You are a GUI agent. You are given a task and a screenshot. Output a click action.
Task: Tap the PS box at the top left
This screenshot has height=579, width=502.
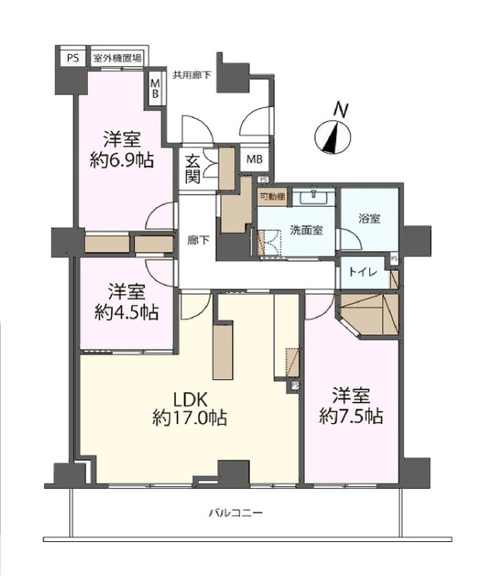[72, 58]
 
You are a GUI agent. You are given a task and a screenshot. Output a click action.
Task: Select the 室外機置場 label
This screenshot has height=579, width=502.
[118, 58]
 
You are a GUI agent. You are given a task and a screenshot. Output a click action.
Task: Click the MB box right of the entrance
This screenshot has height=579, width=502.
[254, 160]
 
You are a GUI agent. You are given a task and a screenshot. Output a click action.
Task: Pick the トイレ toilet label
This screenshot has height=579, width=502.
[362, 272]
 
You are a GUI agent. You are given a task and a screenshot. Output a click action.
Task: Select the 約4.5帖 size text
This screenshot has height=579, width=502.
[127, 312]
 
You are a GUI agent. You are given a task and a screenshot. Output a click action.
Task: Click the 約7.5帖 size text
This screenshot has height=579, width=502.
[351, 417]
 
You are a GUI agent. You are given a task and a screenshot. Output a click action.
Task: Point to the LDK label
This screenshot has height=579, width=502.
[189, 400]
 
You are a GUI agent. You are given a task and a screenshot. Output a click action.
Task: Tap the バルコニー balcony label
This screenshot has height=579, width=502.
[236, 513]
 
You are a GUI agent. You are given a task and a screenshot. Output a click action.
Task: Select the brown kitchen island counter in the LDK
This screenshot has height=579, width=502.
[223, 351]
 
